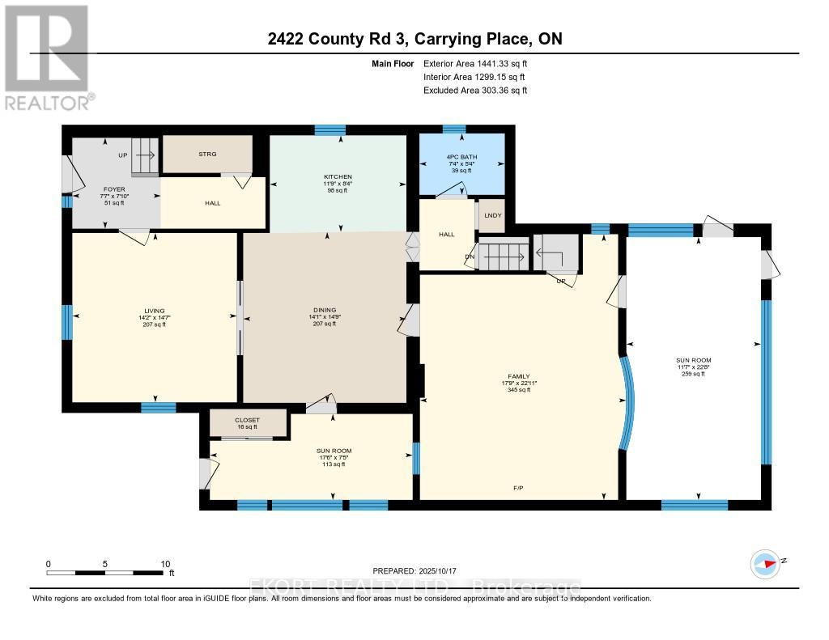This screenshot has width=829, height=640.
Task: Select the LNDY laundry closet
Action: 491,215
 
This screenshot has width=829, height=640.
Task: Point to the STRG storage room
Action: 208,154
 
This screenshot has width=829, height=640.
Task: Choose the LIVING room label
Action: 155,311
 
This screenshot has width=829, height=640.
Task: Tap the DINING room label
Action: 324,311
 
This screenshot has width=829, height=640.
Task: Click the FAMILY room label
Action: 518,377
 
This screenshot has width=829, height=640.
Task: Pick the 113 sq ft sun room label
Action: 334,451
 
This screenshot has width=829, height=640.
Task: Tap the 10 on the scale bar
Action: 165,564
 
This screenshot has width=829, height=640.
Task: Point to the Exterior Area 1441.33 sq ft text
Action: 481,63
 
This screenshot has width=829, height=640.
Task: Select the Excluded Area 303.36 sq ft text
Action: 475,91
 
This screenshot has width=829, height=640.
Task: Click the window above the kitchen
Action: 329,129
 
